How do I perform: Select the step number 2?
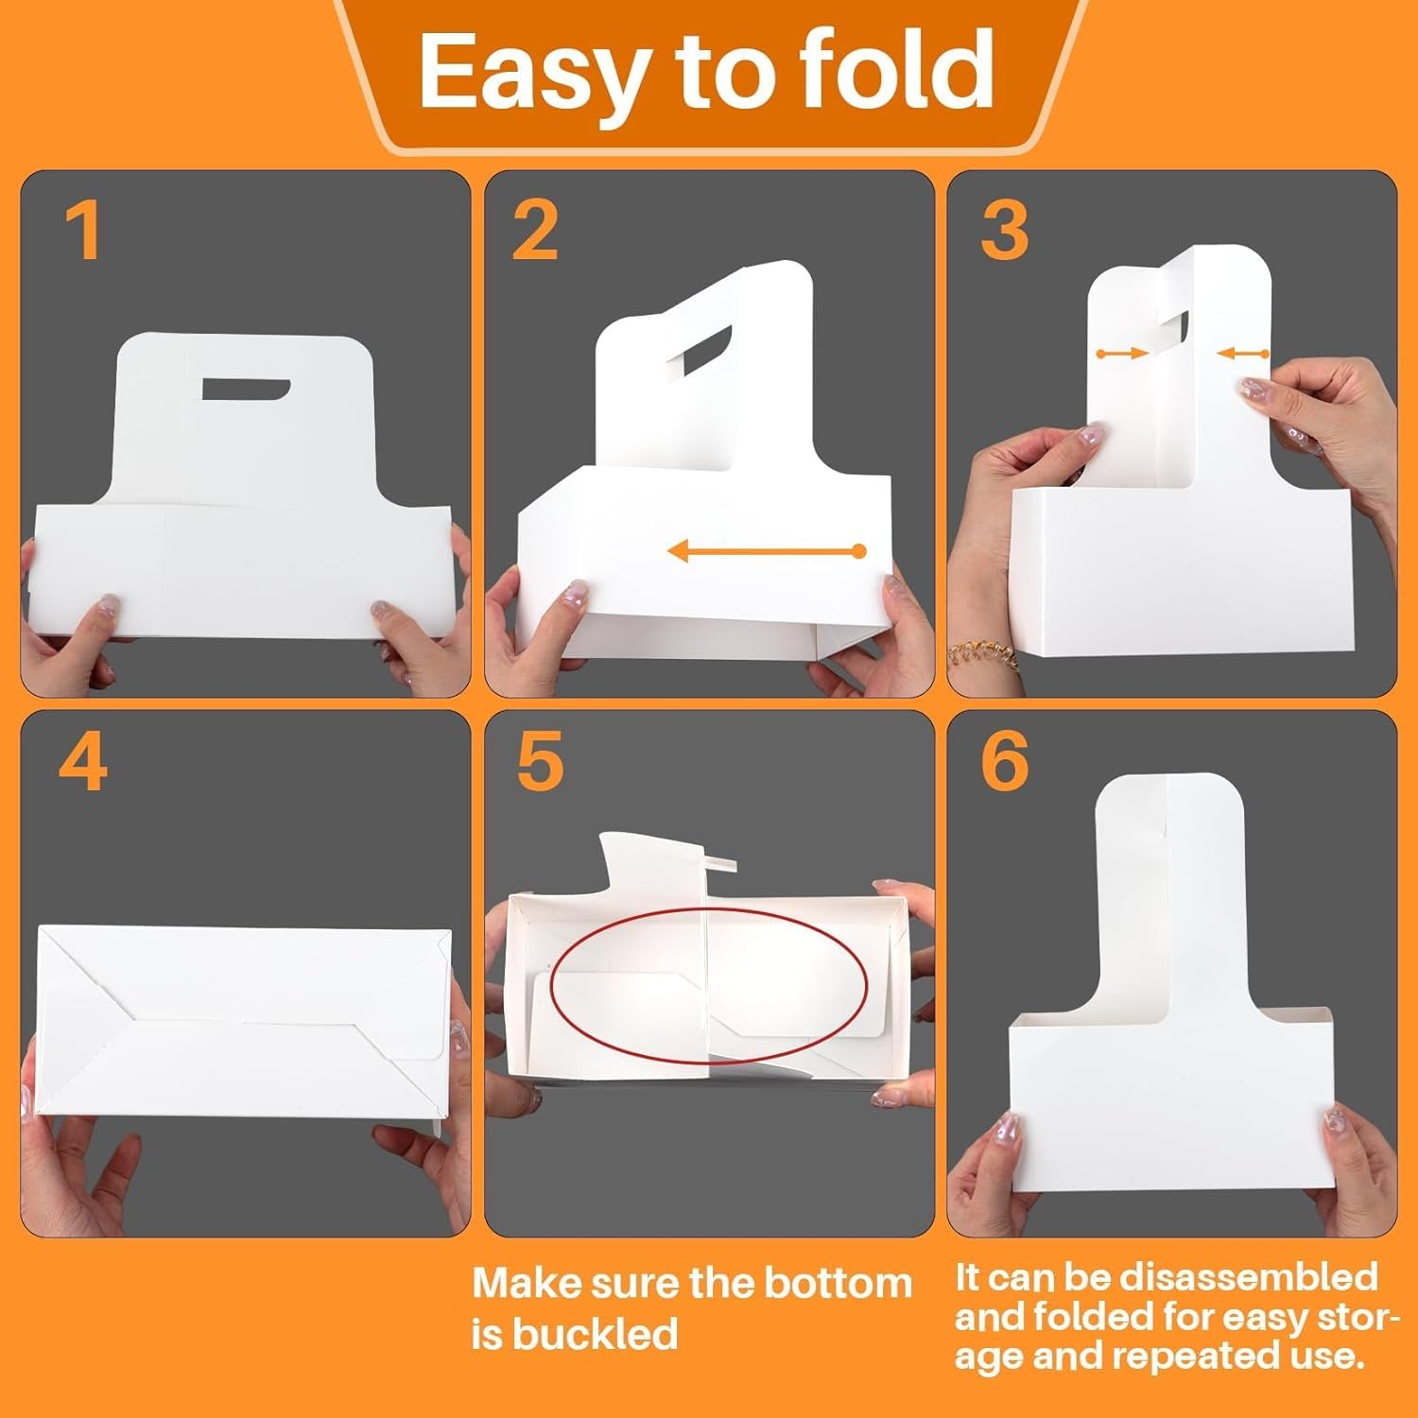pos(535,232)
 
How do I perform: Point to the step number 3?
pos(1004,232)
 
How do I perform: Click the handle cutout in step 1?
pos(245,389)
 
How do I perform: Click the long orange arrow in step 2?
pos(766,550)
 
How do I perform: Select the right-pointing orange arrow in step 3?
pos(1122,354)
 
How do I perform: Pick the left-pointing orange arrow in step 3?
pos(1243,354)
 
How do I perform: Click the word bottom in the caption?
pos(838,1284)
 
